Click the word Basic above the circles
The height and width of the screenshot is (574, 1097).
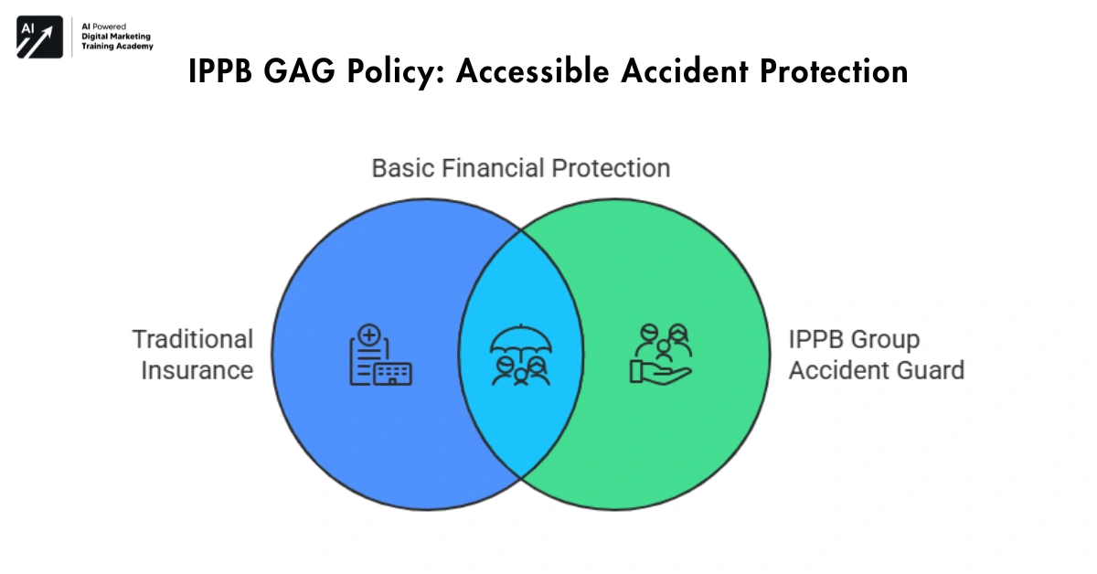click(x=403, y=168)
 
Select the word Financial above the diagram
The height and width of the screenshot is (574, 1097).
click(x=495, y=168)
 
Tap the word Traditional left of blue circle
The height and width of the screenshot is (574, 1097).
click(x=192, y=339)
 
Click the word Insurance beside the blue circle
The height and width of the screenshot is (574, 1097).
click(x=197, y=370)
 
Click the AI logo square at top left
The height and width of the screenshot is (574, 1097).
click(x=38, y=37)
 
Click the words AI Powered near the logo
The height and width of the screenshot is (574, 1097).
click(x=105, y=27)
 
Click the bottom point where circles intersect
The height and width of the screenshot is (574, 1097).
click(x=520, y=477)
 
